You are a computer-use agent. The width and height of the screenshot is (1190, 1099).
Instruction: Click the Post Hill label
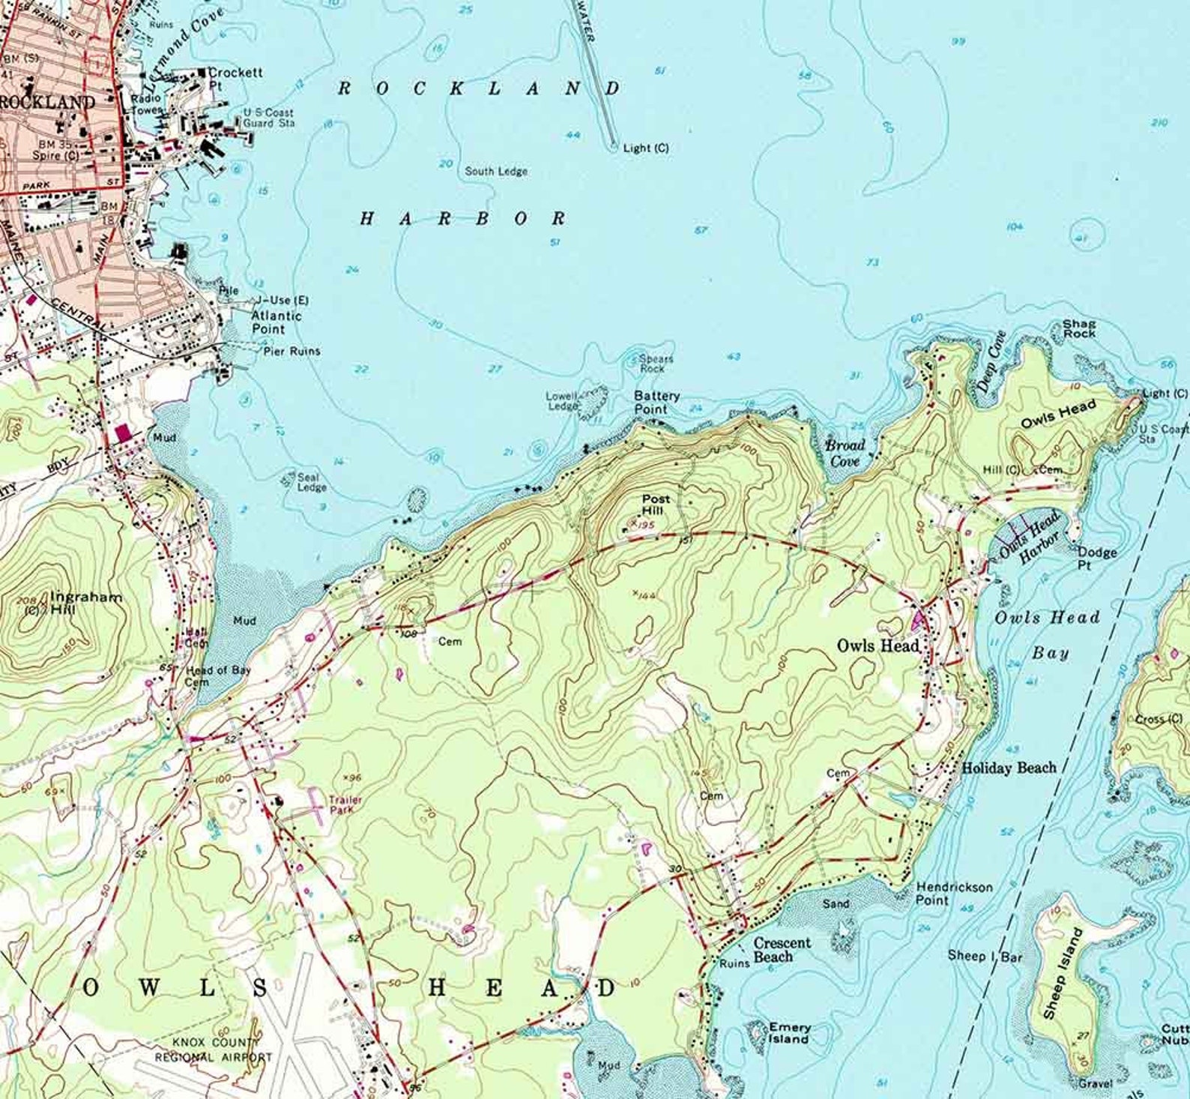pos(656,505)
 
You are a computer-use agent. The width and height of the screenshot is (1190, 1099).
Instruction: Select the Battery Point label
pos(656,402)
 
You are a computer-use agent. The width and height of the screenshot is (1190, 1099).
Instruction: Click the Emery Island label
pos(788,1033)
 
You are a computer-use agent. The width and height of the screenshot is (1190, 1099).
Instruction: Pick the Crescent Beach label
pos(782,950)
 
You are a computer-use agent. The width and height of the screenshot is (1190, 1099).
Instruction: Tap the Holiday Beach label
pos(1009,768)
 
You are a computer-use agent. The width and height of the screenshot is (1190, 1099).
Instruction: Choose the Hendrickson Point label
pos(954,894)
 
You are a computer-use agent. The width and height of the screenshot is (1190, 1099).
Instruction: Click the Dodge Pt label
pos(1097,558)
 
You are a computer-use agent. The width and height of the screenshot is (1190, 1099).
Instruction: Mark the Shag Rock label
pos(1079,328)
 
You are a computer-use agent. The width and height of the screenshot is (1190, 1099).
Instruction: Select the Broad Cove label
pos(845,453)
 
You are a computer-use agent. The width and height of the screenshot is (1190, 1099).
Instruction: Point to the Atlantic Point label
pos(276,322)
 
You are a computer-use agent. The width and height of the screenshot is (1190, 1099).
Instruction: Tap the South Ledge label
pos(496,171)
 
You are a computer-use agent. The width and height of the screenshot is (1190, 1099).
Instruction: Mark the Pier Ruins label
pos(292,351)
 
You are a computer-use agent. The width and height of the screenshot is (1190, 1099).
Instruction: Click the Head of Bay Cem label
pos(217,676)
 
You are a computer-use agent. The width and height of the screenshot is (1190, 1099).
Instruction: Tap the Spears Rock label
pos(656,363)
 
